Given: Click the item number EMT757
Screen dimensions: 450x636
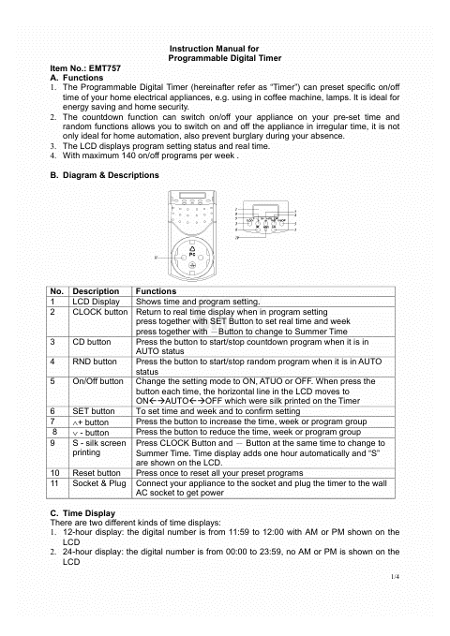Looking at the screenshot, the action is [x=105, y=68].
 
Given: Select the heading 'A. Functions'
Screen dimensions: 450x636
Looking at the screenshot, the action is [x=77, y=78].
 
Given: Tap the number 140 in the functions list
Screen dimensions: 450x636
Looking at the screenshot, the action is [x=128, y=155].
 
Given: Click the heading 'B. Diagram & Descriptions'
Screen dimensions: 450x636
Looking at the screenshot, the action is [x=104, y=175].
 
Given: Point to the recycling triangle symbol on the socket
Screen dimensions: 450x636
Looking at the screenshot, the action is [x=192, y=248].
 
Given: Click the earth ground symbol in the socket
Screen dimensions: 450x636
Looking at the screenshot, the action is [x=192, y=266].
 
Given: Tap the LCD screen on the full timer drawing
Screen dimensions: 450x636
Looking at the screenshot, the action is [x=192, y=195].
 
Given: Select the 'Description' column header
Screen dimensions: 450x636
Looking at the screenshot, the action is [x=96, y=291].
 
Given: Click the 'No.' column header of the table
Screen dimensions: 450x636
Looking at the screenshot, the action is [x=57, y=291].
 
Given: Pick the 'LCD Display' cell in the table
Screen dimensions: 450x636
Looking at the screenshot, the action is [x=96, y=302].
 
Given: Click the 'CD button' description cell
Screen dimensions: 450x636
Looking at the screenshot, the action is [x=91, y=342].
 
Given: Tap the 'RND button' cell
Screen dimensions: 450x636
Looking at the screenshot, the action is [x=95, y=362].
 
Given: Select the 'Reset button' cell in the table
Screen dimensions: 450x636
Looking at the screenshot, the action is [x=97, y=473].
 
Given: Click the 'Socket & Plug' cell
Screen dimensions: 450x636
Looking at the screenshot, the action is [x=99, y=483].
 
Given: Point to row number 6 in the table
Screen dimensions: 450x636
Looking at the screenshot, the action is [x=52, y=411].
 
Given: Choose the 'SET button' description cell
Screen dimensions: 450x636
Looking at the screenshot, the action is [x=94, y=411].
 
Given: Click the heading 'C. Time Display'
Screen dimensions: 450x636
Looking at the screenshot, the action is [x=82, y=513].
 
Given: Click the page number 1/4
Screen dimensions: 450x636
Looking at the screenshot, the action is [x=395, y=576].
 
